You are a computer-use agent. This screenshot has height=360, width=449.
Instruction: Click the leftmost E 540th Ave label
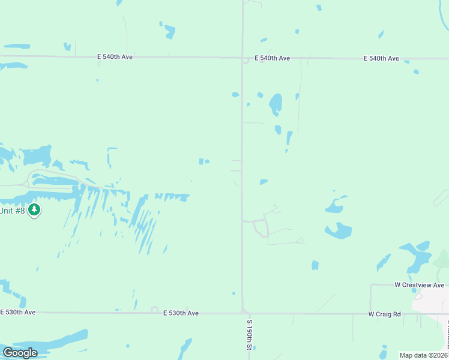[115, 57]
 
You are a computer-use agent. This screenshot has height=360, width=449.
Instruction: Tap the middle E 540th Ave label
[272, 58]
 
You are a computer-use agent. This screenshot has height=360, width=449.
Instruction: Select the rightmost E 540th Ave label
[381, 58]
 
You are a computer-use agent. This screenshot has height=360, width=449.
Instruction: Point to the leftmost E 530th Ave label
[18, 313]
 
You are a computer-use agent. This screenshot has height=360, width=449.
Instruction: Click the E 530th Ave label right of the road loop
[180, 313]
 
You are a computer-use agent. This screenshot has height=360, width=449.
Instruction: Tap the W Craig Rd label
[384, 314]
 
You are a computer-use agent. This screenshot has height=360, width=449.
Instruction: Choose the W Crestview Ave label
[419, 285]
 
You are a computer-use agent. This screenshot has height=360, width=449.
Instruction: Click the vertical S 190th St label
[249, 334]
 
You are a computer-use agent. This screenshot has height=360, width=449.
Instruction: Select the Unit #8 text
[12, 210]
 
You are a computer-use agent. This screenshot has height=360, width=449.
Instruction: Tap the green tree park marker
[35, 209]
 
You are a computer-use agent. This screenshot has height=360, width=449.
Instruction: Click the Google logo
[20, 353]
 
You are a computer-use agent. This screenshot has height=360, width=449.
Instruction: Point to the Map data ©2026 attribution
[424, 355]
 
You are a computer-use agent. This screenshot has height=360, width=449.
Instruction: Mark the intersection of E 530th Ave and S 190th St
[243, 313]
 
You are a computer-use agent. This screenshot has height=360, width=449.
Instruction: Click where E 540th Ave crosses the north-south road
[243, 58]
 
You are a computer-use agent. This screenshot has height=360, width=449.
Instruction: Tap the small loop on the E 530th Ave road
[154, 310]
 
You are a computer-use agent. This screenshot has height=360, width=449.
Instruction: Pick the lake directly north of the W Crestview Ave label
[415, 256]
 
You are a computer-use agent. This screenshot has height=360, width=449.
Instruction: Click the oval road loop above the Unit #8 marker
[54, 179]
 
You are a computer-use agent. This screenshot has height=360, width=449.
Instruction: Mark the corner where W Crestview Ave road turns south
[372, 285]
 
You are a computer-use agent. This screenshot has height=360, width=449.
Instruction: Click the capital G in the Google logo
[8, 353]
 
